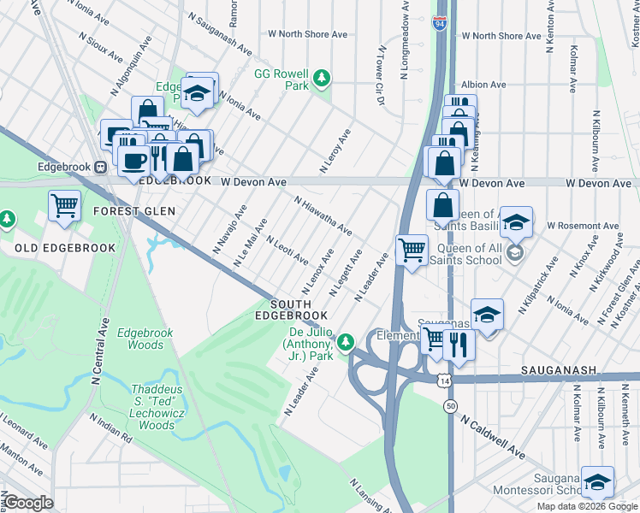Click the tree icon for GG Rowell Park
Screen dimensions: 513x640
coord(322,80)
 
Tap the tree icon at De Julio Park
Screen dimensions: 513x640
coord(346,343)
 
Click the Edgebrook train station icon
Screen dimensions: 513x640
coord(100,168)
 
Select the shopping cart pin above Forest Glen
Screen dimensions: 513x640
coord(64,205)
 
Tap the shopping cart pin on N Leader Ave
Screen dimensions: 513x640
coord(412,251)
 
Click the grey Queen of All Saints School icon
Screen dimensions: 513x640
coord(515,252)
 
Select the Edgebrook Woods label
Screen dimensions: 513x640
coord(139,339)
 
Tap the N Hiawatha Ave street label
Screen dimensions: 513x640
coord(323,216)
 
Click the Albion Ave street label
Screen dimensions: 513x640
coord(483,85)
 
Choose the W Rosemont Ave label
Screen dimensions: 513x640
coord(583,226)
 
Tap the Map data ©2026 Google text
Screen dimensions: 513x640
coord(586,506)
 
